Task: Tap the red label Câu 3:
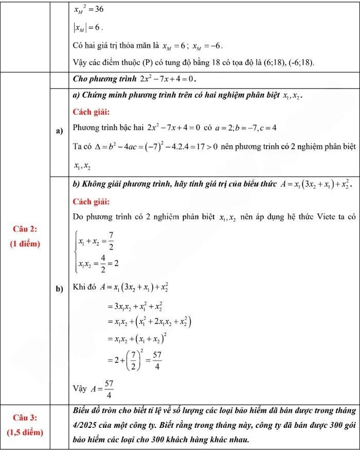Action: point(25,416)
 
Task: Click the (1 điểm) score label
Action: point(25,243)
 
